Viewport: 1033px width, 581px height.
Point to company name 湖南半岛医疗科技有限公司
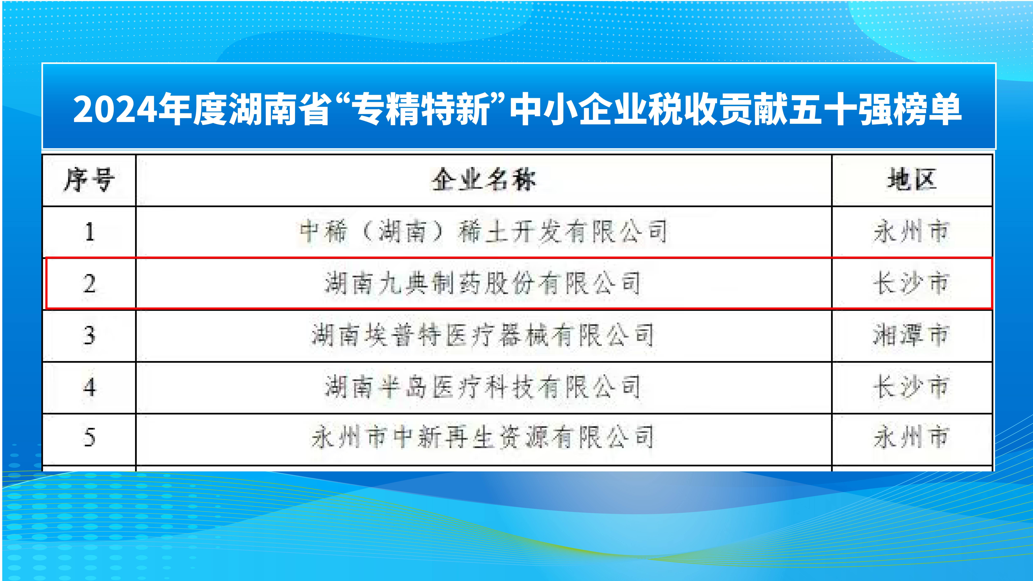483,387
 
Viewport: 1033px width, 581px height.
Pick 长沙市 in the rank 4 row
911,387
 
